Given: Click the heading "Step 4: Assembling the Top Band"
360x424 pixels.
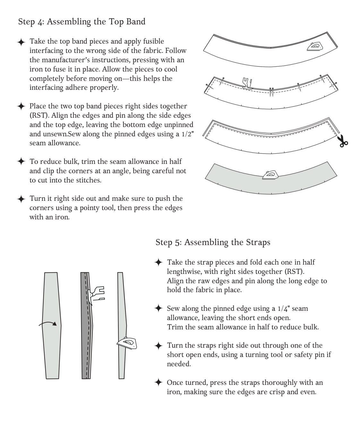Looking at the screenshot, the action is [x=82, y=22].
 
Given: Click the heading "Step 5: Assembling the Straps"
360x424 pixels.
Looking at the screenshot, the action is [x=213, y=242].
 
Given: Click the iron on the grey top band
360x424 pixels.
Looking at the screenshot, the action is [x=270, y=175].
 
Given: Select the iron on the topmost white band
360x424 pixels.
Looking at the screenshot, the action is [x=315, y=47].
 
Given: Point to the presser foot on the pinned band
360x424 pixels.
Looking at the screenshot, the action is [x=247, y=83].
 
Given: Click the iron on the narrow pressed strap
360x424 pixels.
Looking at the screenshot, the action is [x=127, y=343].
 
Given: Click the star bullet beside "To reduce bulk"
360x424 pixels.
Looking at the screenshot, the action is [x=21, y=161].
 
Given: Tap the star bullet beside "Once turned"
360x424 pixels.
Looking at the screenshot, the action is [x=158, y=382].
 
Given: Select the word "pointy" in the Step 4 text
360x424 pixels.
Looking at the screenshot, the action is [x=90, y=208].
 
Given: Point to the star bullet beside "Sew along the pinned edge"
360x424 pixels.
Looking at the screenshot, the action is [x=158, y=308].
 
